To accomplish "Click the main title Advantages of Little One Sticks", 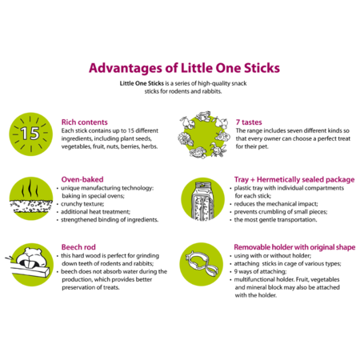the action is [x=184, y=68].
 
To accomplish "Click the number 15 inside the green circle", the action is [x=30, y=133].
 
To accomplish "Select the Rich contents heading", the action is [x=84, y=122].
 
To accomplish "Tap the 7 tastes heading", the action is [x=249, y=122].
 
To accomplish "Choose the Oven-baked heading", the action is [x=82, y=179].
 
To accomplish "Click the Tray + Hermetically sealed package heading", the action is [x=294, y=180].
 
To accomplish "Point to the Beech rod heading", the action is [x=78, y=247].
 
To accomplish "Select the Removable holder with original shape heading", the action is [x=294, y=247].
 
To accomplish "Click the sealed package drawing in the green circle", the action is [x=202, y=201].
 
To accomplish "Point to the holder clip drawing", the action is [x=202, y=263].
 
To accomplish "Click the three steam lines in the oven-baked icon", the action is [x=30, y=188].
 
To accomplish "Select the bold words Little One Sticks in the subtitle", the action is [x=142, y=83].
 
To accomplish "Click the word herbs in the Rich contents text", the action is [x=149, y=146].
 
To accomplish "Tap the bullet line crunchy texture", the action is [x=82, y=204].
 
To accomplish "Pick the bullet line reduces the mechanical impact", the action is [x=276, y=204].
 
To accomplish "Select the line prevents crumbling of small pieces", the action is [x=281, y=212].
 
